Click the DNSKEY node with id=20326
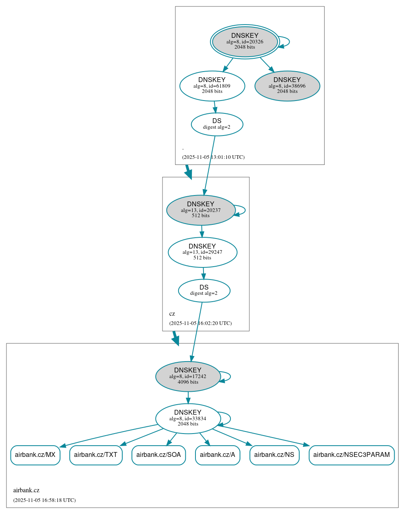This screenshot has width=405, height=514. [x=245, y=41]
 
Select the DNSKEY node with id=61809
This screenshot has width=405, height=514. [x=212, y=86]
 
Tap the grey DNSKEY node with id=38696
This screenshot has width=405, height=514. [x=287, y=86]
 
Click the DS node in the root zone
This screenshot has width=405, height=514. [x=217, y=124]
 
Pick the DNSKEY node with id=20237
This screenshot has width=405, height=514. [x=201, y=210]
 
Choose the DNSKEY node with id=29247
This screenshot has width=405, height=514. [x=202, y=252]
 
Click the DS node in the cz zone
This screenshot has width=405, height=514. [x=204, y=290]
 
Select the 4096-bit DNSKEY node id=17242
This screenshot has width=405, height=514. [x=188, y=376]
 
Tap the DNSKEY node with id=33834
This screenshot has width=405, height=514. [x=188, y=419]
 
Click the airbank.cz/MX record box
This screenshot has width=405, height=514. [x=35, y=455]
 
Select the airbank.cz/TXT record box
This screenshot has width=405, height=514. [x=96, y=455]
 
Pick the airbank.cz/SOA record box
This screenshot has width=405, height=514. [x=158, y=455]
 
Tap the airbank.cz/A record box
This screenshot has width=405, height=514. [x=218, y=455]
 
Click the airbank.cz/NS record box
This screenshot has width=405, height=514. [x=274, y=455]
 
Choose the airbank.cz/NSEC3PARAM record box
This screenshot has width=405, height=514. [x=352, y=455]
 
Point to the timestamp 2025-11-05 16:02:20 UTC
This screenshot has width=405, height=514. [x=200, y=323]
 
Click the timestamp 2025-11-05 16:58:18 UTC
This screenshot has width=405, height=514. [x=44, y=500]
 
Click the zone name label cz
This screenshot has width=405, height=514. [x=172, y=314]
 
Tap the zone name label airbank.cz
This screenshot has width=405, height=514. [x=26, y=490]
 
